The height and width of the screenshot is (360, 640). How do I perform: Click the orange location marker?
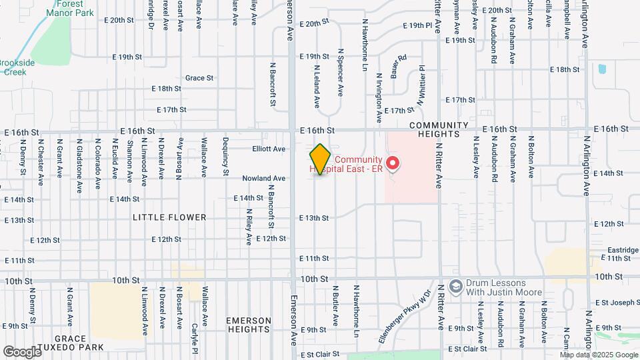320,159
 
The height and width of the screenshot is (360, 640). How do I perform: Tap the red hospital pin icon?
393,162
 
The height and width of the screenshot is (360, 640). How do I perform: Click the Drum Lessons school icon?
455,286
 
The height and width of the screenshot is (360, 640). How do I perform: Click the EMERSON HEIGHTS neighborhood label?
248,325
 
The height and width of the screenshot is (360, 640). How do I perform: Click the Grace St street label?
199,78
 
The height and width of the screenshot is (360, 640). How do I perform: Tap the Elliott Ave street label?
269,149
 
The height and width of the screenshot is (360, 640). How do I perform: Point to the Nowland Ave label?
264,178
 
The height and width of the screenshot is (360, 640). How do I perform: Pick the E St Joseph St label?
617,302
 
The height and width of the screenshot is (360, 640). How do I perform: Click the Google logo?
22,351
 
